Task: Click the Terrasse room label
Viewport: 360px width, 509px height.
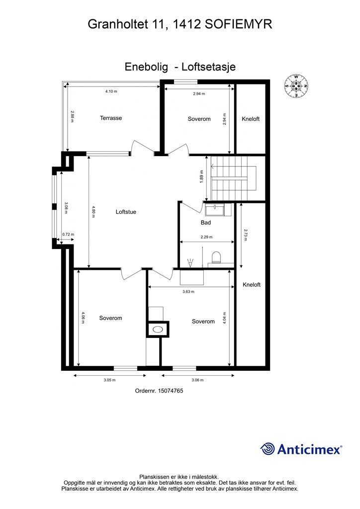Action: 111,118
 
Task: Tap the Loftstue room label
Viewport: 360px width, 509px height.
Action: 126,212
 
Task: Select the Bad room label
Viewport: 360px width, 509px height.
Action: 206,223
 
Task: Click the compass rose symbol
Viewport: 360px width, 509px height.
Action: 296,86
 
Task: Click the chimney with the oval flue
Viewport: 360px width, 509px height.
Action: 159,329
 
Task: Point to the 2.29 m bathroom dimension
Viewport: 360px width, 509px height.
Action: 206,237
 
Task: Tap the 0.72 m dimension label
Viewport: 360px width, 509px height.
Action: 68,235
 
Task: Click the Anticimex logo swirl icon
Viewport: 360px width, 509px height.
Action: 268,449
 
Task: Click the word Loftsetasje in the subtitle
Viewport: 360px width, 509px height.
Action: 208,67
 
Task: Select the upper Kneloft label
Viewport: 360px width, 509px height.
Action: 251,119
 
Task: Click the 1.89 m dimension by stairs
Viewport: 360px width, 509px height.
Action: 202,176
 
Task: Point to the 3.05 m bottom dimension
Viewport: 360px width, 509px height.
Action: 109,380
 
